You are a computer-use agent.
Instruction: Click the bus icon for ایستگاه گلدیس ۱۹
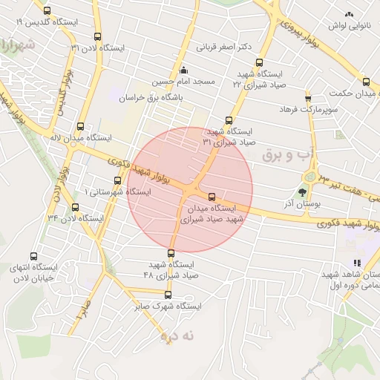(47, 11)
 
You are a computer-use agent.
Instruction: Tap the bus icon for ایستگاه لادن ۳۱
(97, 36)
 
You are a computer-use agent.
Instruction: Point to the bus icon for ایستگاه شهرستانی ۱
(117, 180)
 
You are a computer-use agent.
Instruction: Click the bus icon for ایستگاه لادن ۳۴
(75, 207)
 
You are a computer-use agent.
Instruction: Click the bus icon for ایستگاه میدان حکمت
(366, 82)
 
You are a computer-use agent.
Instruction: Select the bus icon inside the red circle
(212, 197)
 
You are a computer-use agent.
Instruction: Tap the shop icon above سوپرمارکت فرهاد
(308, 98)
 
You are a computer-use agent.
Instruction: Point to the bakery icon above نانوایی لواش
(349, 14)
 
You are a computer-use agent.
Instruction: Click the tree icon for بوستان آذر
(301, 191)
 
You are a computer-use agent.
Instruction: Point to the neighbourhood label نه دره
(177, 335)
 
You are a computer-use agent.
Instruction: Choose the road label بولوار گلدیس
(67, 90)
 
